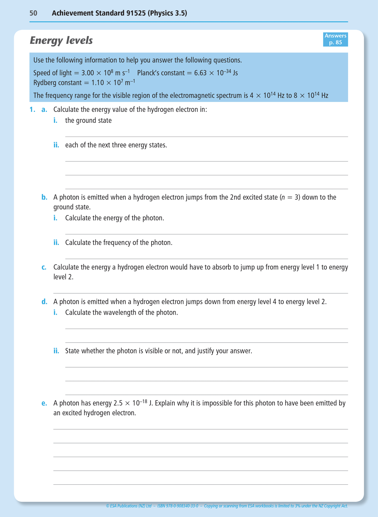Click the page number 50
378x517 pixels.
(x=33, y=13)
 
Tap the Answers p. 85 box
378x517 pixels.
(x=335, y=39)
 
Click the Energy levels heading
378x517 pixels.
(x=61, y=41)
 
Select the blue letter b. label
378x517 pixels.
(x=44, y=197)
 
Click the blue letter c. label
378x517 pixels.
(x=44, y=267)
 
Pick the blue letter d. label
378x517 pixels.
(x=44, y=302)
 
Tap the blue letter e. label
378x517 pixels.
(x=44, y=403)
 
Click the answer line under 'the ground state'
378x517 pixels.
(x=206, y=136)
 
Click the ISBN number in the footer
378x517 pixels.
(x=178, y=506)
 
